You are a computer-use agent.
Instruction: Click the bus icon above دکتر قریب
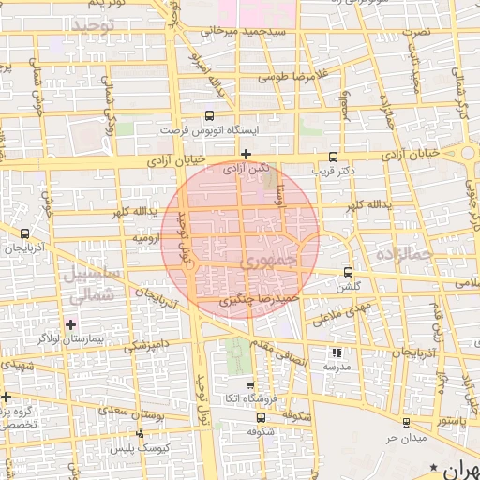pyautogui.click(x=335, y=157)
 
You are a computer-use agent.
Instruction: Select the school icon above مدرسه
pyautogui.click(x=336, y=352)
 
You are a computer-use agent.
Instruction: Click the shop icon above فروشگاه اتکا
pyautogui.click(x=249, y=385)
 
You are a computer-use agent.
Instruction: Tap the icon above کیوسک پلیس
pyautogui.click(x=141, y=433)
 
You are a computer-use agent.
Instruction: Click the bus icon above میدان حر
pyautogui.click(x=406, y=423)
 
